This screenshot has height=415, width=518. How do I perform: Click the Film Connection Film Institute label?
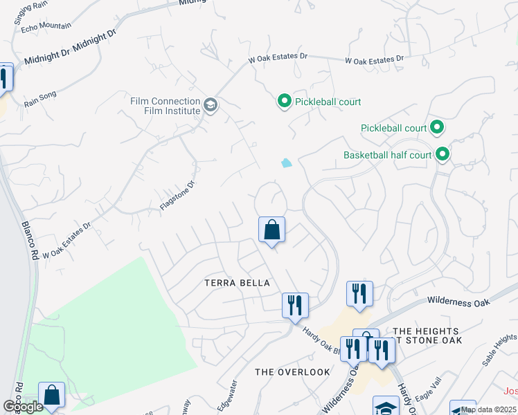click(165, 106)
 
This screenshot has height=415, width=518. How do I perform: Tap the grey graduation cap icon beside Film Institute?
click(211, 107)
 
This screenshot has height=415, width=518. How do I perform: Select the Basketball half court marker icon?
click(442, 155)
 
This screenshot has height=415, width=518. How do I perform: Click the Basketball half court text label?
click(387, 155)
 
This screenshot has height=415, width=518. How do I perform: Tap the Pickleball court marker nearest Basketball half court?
click(436, 128)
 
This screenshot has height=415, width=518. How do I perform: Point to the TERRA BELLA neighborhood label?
click(236, 284)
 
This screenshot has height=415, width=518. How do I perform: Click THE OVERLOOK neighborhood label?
click(292, 372)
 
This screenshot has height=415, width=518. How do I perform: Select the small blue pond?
click(286, 163)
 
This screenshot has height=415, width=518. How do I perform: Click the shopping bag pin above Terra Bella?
click(271, 230)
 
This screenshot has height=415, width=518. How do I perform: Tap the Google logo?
click(24, 407)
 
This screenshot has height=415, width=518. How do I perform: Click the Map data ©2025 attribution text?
click(488, 409)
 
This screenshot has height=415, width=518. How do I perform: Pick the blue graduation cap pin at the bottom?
click(386, 406)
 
